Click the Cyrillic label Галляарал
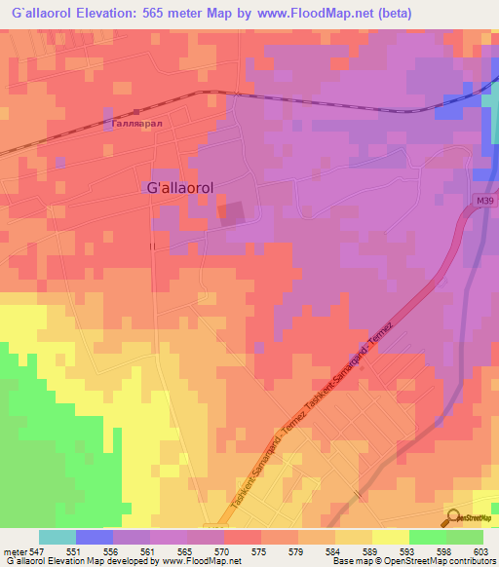point(135,125)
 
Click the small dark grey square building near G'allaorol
point(232,213)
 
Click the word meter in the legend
point(16,551)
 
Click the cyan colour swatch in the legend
point(58,537)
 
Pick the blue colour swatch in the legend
point(95,537)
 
